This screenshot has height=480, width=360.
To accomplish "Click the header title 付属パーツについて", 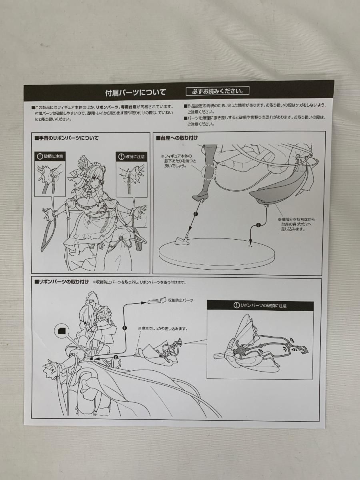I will (x=135, y=93).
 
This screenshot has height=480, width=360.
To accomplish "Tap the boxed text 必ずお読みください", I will (x=217, y=91).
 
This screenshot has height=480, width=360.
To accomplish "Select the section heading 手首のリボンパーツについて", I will (x=67, y=138).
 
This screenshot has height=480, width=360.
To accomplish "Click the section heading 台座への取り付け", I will (x=180, y=138).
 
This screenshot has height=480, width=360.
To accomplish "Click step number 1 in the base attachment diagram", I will (x=195, y=214).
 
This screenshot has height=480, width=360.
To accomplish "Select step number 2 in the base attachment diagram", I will (x=258, y=225).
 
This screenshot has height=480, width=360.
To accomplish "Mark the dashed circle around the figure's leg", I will (x=208, y=172).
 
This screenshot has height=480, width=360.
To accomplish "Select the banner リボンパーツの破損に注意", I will (x=260, y=306).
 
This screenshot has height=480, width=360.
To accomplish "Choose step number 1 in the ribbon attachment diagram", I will (x=124, y=328).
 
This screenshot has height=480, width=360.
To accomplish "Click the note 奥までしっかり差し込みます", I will (x=163, y=328).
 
